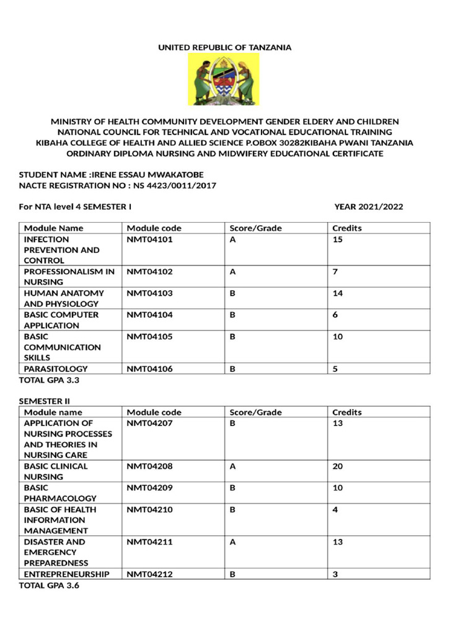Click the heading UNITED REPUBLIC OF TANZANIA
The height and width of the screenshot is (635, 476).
(x=224, y=47)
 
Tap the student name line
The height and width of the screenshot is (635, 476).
(x=111, y=174)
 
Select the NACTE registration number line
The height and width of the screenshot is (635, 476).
(x=118, y=185)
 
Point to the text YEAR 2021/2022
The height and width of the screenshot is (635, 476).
(x=368, y=206)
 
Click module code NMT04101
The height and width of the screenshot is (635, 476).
(x=149, y=239)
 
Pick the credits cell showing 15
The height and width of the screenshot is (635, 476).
(x=337, y=239)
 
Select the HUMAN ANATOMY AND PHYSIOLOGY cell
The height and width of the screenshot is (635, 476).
(x=64, y=298)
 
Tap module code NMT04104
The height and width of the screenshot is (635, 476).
(x=149, y=314)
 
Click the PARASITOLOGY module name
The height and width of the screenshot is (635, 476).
(x=56, y=369)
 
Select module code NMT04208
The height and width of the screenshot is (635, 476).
(x=149, y=466)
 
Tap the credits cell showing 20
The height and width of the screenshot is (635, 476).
(x=337, y=466)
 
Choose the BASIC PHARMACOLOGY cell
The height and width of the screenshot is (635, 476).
(x=60, y=493)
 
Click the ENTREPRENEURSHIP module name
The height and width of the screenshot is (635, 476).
(x=66, y=574)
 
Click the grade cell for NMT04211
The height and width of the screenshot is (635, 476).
(x=233, y=542)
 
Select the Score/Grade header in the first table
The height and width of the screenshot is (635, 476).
(x=255, y=228)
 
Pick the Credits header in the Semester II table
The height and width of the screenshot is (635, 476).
(x=347, y=412)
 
